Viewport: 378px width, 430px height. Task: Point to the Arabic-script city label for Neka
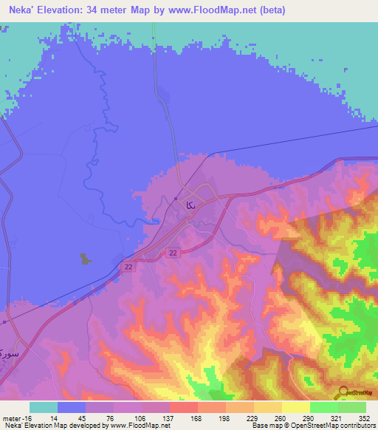pos(190,204)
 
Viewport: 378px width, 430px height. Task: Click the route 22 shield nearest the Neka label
pos(173,253)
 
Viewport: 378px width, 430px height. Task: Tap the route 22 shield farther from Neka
pos(128,267)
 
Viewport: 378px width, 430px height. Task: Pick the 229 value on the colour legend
pos(231,417)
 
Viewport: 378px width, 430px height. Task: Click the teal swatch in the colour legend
pos(43,407)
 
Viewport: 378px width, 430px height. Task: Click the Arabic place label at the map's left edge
pos(7,346)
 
